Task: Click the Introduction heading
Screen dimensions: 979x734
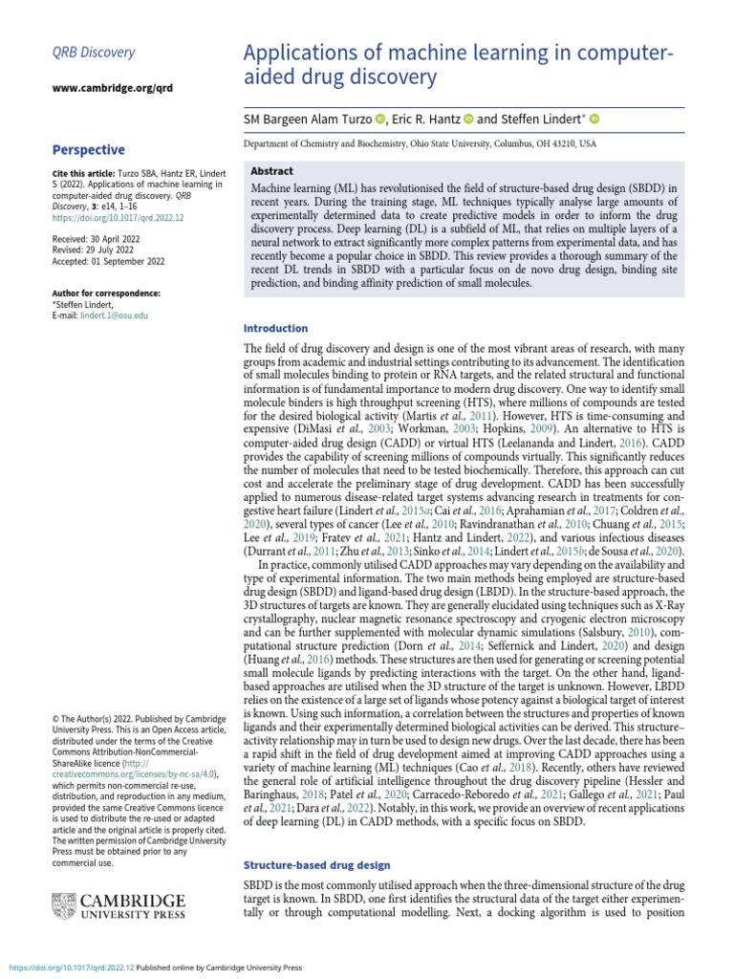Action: (276, 328)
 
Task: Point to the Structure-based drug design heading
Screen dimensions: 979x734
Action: (317, 865)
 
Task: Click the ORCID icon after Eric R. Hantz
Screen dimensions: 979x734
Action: (468, 119)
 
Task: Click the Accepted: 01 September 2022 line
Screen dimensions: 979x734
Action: (111, 261)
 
